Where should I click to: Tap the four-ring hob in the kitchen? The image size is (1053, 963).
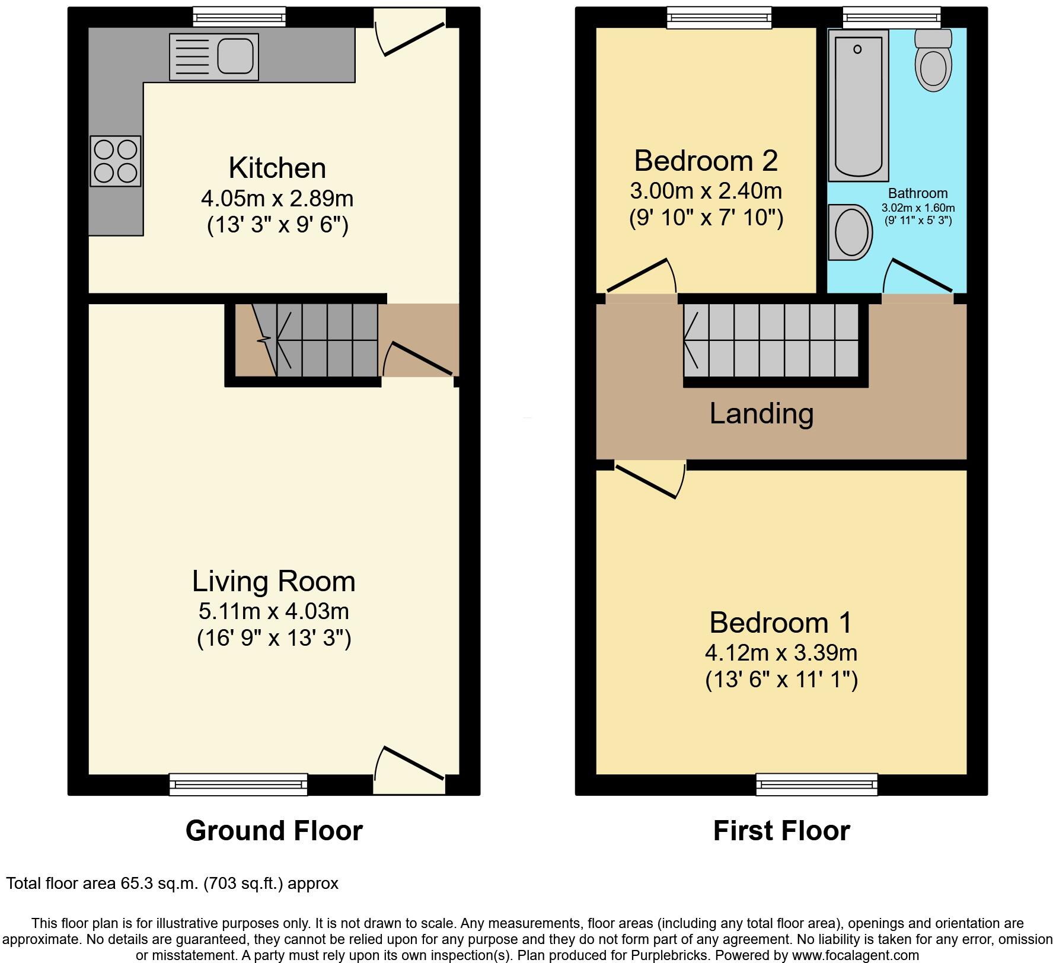pyautogui.click(x=116, y=161)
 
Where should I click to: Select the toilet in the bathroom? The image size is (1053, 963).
pyautogui.click(x=933, y=62)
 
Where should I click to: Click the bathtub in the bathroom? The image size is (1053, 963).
pyautogui.click(x=859, y=106)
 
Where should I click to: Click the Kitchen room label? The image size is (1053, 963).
pyautogui.click(x=277, y=168)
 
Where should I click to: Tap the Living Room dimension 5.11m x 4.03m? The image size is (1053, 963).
pyautogui.click(x=273, y=610)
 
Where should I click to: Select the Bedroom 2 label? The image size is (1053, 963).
pyautogui.click(x=706, y=161)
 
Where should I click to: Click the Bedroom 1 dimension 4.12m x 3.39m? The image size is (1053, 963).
pyautogui.click(x=781, y=653)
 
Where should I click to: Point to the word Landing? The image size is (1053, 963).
pyautogui.click(x=761, y=413)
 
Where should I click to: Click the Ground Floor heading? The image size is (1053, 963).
pyautogui.click(x=274, y=831)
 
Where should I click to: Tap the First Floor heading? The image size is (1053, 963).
pyautogui.click(x=781, y=831)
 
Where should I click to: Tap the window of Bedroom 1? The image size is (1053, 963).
pyautogui.click(x=816, y=784)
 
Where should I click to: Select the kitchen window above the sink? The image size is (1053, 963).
pyautogui.click(x=240, y=17)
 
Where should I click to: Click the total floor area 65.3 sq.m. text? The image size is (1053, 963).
pyautogui.click(x=172, y=884)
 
